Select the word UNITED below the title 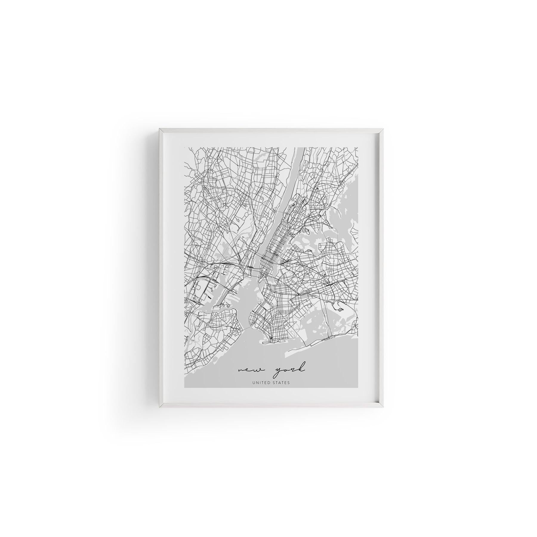pos(260,383)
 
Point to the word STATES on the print pos(280,383)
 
